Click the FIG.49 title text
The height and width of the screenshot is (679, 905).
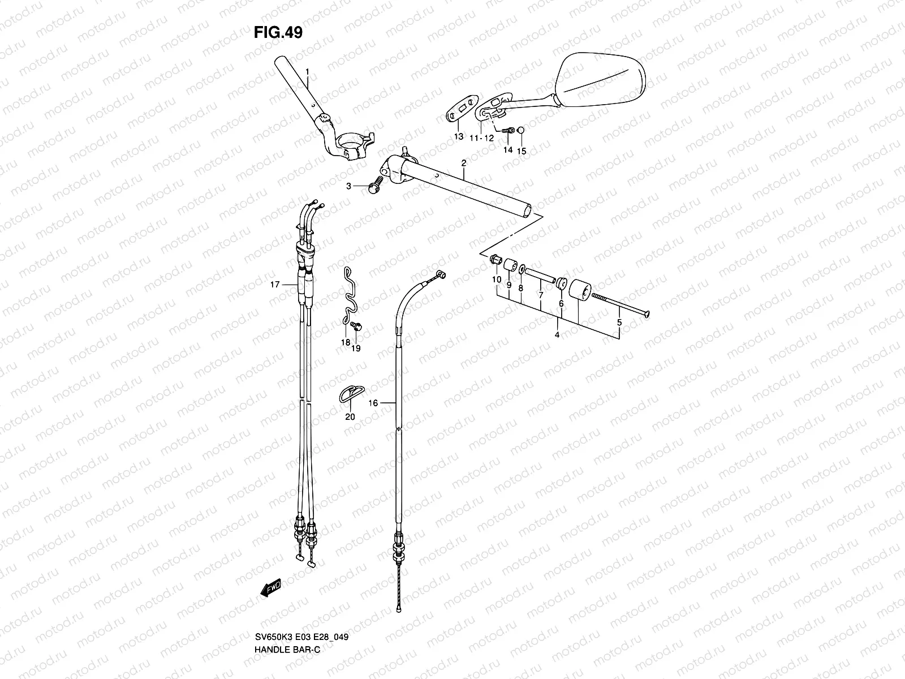coord(278,33)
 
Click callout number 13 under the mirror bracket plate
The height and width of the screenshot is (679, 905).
coord(459,137)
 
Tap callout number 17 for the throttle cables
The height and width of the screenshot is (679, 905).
coord(275,285)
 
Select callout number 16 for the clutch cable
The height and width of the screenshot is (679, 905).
coord(373,403)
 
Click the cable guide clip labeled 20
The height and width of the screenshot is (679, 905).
coord(350,392)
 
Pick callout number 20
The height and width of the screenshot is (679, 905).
coord(350,417)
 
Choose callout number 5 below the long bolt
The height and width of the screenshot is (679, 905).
coord(619,323)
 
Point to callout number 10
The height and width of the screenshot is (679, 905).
coord(496,280)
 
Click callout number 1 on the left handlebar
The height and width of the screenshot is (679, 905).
coord(307,72)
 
